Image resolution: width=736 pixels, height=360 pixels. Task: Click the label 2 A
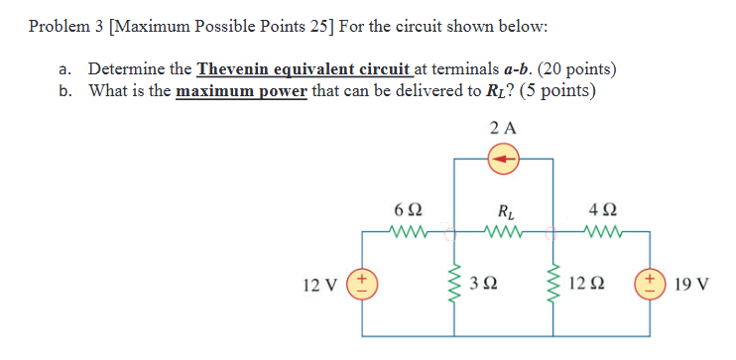[x=505, y=128]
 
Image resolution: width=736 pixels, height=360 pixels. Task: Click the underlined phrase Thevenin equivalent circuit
[x=304, y=69]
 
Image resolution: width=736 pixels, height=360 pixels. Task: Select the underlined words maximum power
[x=242, y=91]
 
